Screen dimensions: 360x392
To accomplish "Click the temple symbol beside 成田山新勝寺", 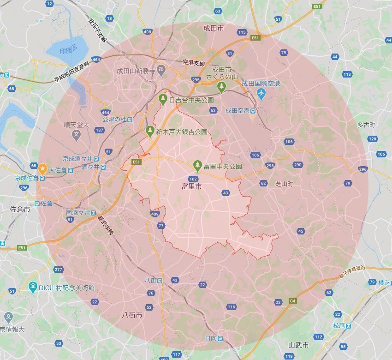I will (160, 71).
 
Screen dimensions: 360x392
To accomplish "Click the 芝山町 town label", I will (284, 183).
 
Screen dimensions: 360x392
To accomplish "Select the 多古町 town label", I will (367, 125).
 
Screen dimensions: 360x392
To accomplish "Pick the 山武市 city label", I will (298, 345).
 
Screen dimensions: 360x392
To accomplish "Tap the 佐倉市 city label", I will (20, 209).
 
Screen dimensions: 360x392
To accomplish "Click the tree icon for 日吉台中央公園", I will (163, 99).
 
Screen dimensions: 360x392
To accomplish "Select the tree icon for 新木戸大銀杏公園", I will (150, 131).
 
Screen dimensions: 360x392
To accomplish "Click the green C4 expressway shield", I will (292, 301).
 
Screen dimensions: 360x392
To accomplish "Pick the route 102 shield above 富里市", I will (193, 179).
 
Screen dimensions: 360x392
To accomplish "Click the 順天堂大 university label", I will (76, 125).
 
